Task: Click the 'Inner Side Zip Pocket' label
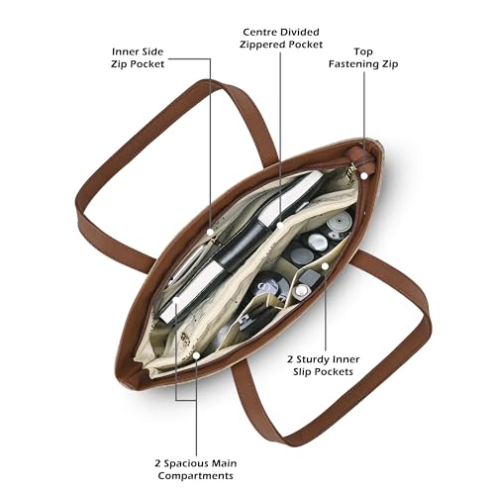click(x=138, y=57)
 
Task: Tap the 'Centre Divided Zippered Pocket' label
click(x=281, y=39)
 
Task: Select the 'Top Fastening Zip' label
click(x=363, y=57)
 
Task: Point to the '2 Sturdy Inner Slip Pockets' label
click(x=323, y=365)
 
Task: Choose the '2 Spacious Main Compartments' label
click(x=196, y=469)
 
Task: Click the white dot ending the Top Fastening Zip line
click(x=364, y=176)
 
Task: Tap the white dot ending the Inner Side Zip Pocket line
click(x=210, y=232)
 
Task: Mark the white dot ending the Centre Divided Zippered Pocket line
click(x=280, y=226)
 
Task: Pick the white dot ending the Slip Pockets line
click(x=326, y=266)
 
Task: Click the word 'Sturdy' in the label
click(x=313, y=359)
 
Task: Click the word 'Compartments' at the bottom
click(x=196, y=476)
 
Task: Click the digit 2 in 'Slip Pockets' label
click(x=290, y=359)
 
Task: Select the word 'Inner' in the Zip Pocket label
click(x=124, y=51)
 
